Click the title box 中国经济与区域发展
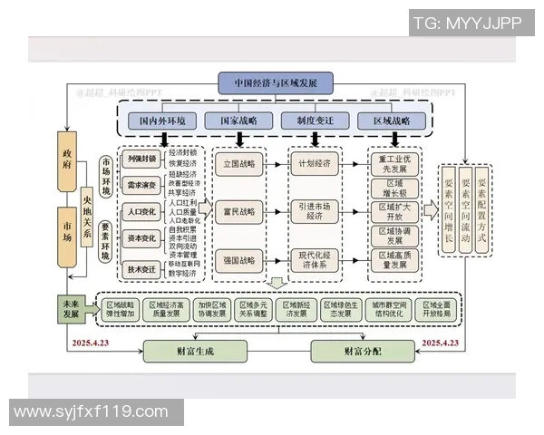pos(275,83)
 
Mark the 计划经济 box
pos(314,164)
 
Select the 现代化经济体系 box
pos(314,260)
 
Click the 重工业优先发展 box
pos(396,163)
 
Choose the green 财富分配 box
pos(355,350)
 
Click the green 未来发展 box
pos(70,308)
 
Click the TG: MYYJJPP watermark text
pos(468,24)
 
